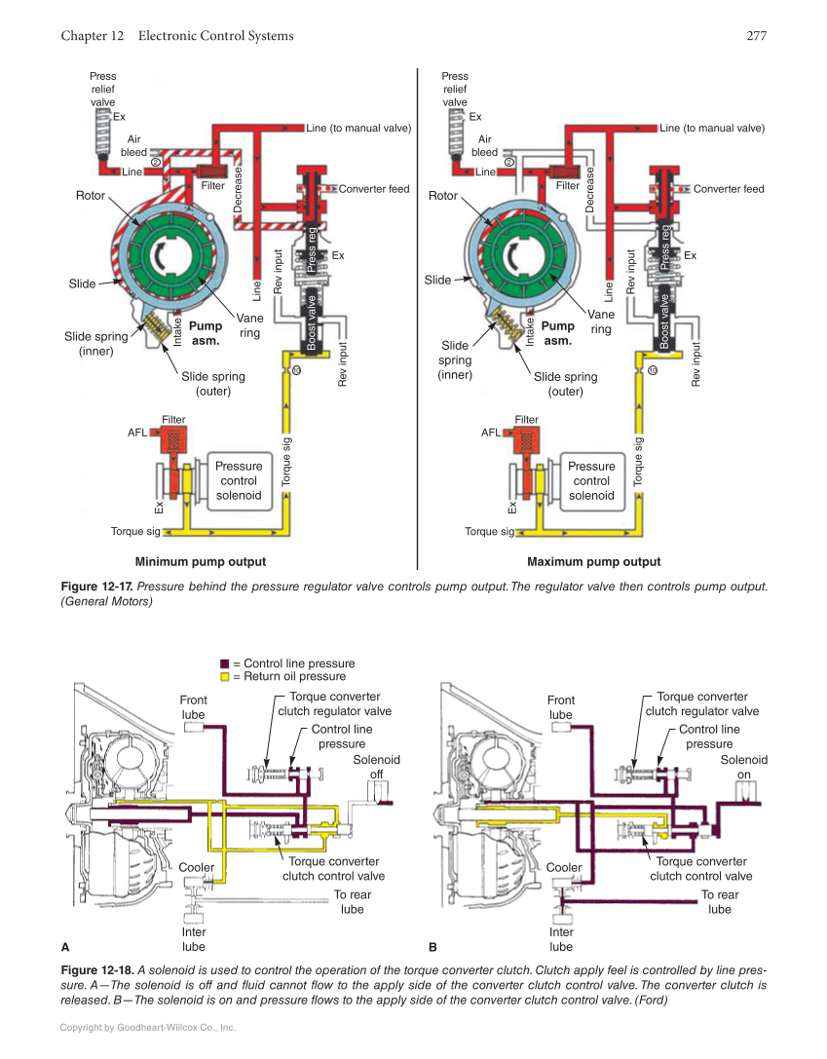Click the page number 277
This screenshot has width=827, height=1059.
pos(757,37)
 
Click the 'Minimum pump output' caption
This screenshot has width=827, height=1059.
pos(201,562)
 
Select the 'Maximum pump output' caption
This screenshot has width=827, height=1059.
pos(593,562)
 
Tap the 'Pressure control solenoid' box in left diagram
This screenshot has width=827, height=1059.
pos(239,480)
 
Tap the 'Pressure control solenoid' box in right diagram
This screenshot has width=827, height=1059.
pos(591,480)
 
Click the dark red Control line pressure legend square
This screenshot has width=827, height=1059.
pos(224,663)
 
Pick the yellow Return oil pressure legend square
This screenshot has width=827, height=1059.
pos(224,676)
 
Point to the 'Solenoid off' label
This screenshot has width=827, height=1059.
pos(376,768)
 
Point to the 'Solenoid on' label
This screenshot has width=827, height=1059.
pos(743,768)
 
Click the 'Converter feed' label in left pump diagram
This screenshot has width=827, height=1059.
pos(374,189)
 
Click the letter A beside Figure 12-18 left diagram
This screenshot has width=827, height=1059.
pos(65,946)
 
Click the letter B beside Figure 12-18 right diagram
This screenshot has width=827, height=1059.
pos(433,946)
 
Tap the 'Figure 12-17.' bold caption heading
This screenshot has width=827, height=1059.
pos(96,586)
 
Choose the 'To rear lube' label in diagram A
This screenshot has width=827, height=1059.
pos(352,902)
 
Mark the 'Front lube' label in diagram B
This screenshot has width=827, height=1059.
pos(561,707)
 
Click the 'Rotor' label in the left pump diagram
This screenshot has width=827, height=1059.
pos(91,196)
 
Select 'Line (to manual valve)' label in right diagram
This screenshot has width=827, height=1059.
pos(712,128)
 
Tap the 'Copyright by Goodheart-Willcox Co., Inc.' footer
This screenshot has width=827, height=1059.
pos(148,1027)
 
